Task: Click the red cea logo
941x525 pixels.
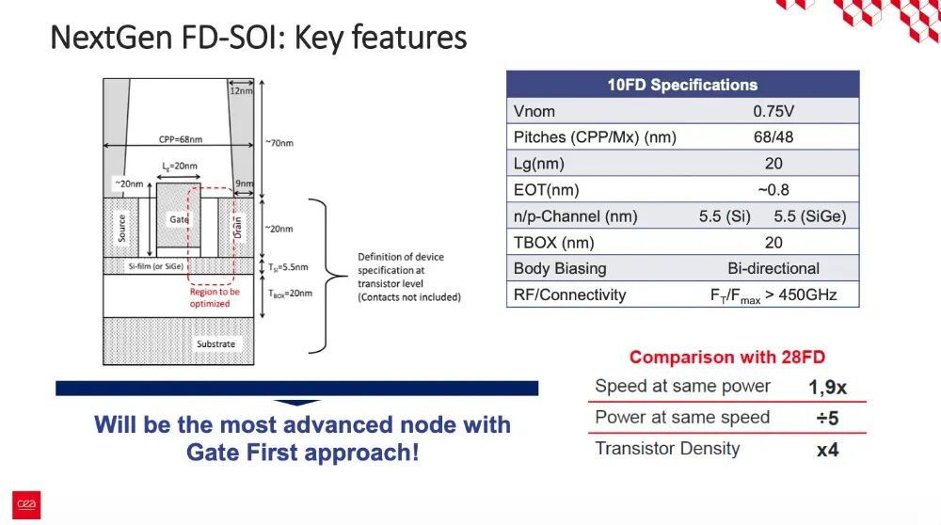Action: [x=26, y=504]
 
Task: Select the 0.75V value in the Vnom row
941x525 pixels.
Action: [x=774, y=112]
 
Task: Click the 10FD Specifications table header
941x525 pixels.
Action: [x=682, y=85]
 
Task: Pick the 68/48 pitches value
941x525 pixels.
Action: [x=774, y=137]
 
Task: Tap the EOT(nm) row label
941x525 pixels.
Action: [x=546, y=190]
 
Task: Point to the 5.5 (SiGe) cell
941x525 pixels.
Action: [x=810, y=216]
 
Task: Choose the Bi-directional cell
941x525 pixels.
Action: [x=774, y=268]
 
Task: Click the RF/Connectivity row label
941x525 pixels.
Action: [x=569, y=294]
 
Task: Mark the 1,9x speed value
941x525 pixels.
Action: [x=827, y=387]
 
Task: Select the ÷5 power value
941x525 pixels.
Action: [x=827, y=418]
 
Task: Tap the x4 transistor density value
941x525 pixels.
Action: [x=827, y=450]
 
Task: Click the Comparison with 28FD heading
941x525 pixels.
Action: [x=727, y=357]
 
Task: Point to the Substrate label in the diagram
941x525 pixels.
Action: [x=216, y=343]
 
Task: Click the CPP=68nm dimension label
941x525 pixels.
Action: [x=181, y=139]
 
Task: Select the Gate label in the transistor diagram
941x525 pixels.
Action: [x=179, y=219]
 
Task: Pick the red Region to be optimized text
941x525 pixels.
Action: [x=215, y=297]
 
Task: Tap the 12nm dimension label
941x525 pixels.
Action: [x=241, y=90]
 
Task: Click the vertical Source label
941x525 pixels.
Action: [x=121, y=229]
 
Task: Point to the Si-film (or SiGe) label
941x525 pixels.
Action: [x=156, y=266]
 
